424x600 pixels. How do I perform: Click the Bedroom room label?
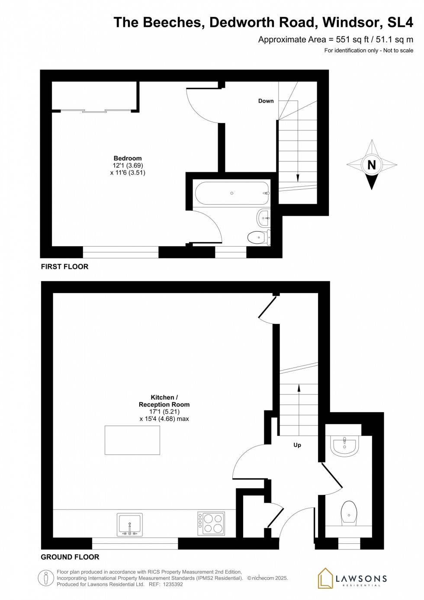[x=128, y=158]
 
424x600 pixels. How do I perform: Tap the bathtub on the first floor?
[x=232, y=193]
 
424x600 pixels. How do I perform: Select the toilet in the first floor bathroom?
[x=258, y=237]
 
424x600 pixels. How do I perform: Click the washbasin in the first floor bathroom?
[x=264, y=218]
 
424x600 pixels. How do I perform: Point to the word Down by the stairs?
[x=266, y=101]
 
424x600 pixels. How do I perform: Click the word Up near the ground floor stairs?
[x=297, y=445]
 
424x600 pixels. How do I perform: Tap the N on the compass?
[x=371, y=165]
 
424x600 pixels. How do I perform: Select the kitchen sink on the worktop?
[x=129, y=524]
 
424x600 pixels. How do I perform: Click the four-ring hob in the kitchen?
[x=211, y=523]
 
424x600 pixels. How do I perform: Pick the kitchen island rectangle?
[x=132, y=440]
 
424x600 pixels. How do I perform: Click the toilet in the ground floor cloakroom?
[x=349, y=512]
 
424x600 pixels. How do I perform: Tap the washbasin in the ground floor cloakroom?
[x=344, y=446]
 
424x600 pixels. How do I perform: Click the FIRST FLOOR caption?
[x=64, y=267]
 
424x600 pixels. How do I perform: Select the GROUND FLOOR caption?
[x=70, y=557]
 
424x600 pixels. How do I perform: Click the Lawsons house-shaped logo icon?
[x=325, y=578]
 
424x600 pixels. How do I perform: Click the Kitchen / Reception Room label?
[x=164, y=401]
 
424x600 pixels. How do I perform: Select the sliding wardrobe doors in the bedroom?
[x=95, y=111]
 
